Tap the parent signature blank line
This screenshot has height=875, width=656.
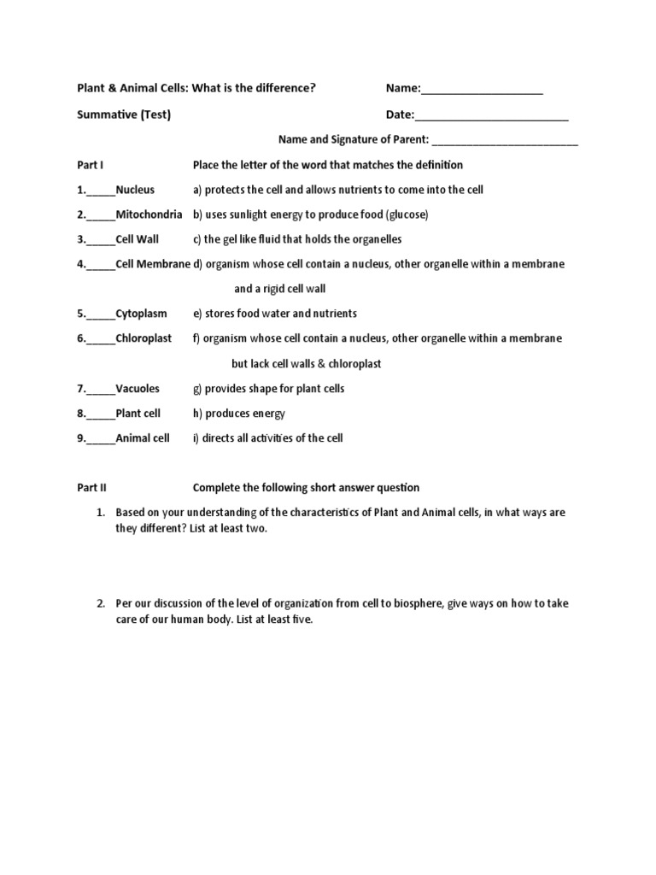click(x=506, y=141)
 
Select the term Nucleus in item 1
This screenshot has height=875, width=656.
click(x=135, y=190)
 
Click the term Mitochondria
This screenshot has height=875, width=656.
click(x=149, y=214)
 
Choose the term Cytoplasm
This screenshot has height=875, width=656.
click(x=141, y=314)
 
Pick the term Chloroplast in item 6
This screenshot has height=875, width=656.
click(x=143, y=338)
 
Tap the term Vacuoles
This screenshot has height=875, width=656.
click(x=138, y=389)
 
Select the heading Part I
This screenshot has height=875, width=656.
click(x=90, y=165)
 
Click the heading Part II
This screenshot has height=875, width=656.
click(x=91, y=488)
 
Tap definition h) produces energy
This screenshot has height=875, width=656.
click(x=239, y=414)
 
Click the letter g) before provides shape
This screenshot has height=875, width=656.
click(x=197, y=389)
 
